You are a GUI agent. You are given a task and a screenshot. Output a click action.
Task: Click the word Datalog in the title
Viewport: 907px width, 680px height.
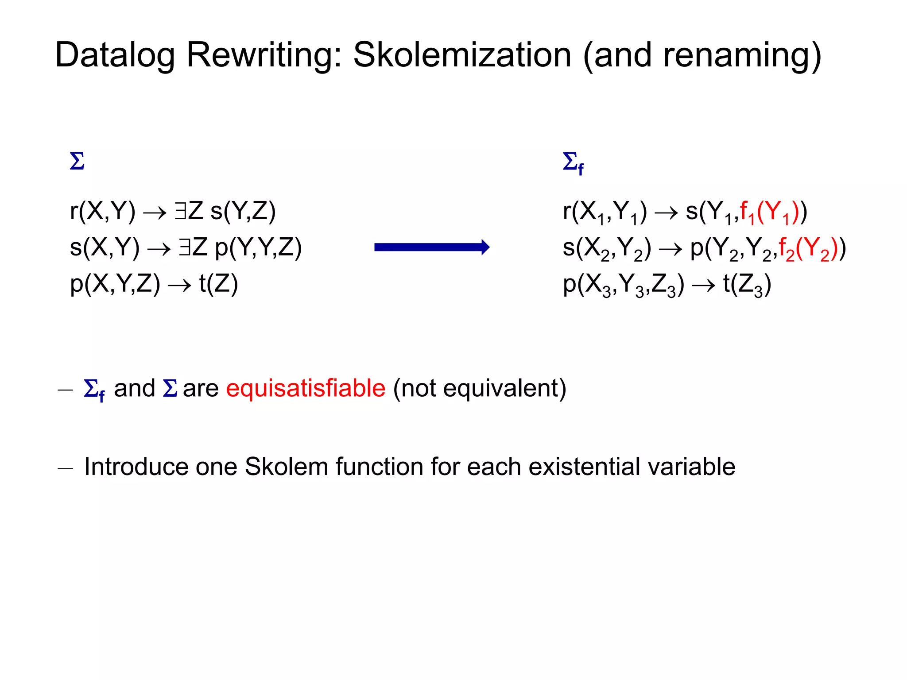point(115,55)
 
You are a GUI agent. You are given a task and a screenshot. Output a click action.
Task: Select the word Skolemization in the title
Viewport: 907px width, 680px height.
point(462,55)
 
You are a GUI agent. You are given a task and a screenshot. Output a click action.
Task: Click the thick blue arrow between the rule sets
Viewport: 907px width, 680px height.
point(432,247)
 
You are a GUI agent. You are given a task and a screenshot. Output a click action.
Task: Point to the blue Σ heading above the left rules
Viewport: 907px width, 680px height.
point(77,161)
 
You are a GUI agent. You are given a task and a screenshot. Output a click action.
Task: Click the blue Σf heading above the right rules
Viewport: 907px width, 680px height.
point(573,163)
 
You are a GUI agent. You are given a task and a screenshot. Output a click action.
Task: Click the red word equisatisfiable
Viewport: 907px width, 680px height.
point(306,388)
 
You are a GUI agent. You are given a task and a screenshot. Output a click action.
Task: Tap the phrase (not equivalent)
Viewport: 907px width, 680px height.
point(480,388)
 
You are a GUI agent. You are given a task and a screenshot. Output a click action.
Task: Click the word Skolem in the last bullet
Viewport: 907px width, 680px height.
point(286,467)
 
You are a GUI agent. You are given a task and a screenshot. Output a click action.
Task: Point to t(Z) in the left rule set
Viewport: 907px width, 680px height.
point(218,284)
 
